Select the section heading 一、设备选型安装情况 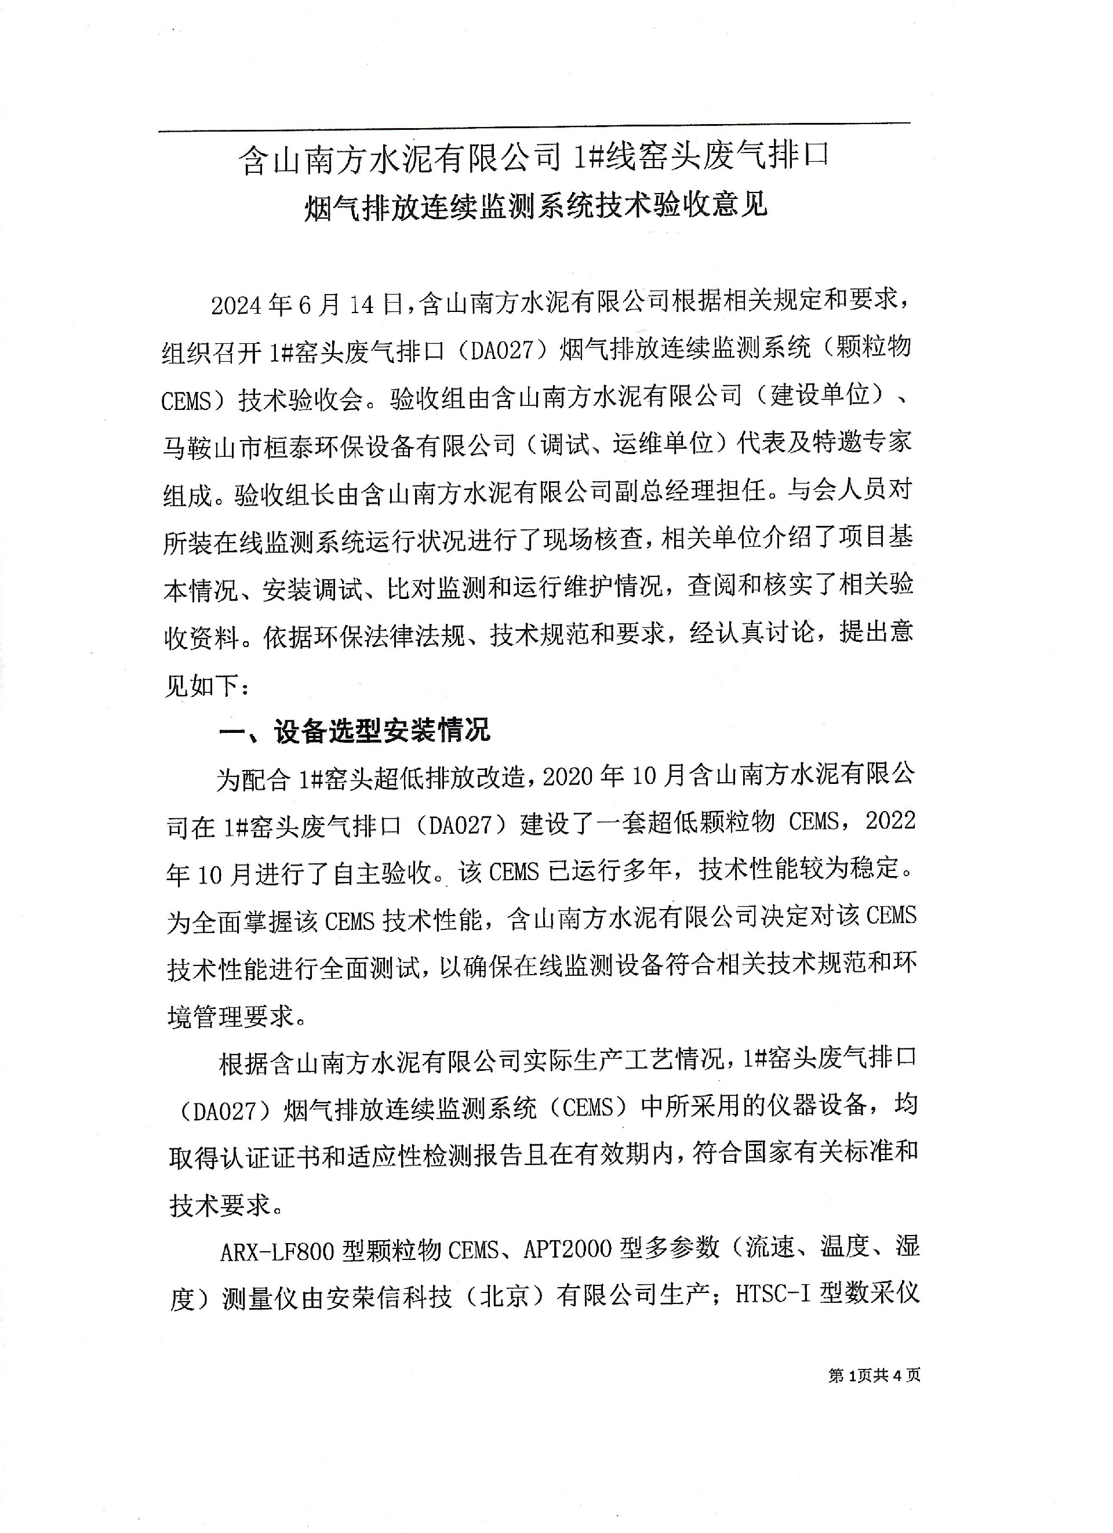pos(355,731)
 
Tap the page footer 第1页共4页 pos(874,1375)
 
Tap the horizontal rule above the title pos(534,127)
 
